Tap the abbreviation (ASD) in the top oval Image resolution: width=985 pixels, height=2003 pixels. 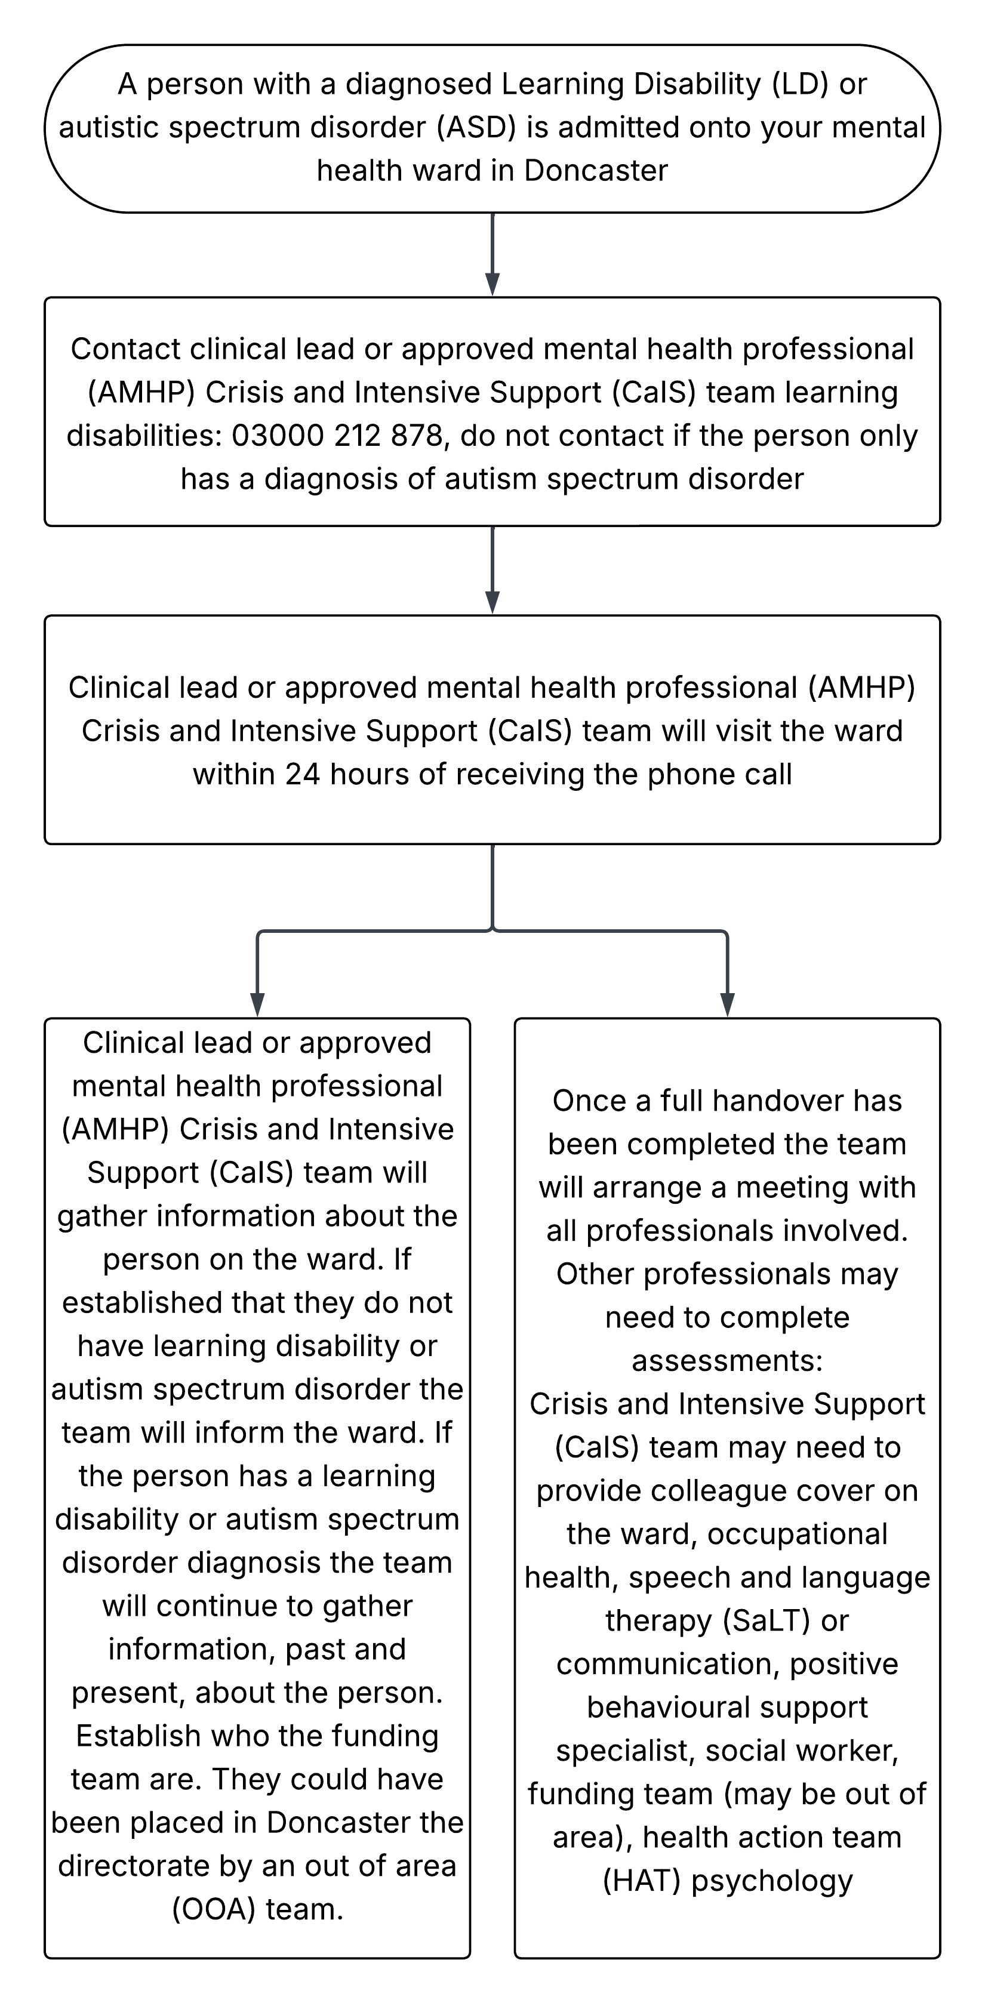point(476,128)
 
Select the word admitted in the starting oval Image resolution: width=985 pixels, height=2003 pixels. point(621,128)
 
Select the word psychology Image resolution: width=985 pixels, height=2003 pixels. point(772,1881)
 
